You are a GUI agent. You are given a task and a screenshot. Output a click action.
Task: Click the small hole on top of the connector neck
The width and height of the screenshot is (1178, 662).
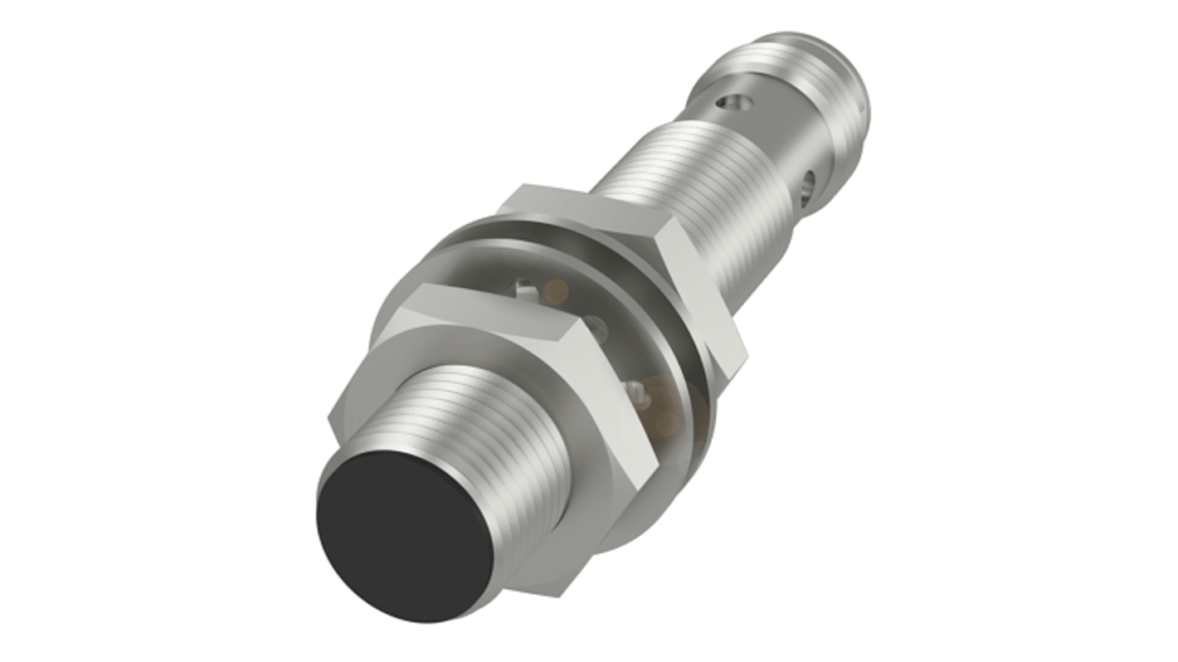coord(731,104)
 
